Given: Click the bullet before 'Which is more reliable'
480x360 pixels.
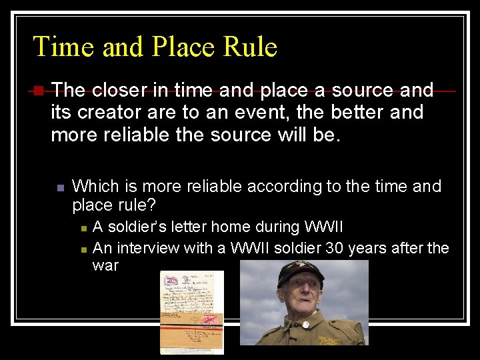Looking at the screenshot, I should [59, 187].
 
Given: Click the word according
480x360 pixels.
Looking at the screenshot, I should [279, 186].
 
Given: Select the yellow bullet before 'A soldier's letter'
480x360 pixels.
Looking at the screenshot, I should [83, 228].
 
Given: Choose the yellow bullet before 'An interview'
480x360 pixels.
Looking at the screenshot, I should [83, 249].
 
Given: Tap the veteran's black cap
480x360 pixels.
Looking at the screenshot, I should [301, 269].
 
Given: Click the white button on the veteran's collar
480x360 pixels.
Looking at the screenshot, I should [306, 325].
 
